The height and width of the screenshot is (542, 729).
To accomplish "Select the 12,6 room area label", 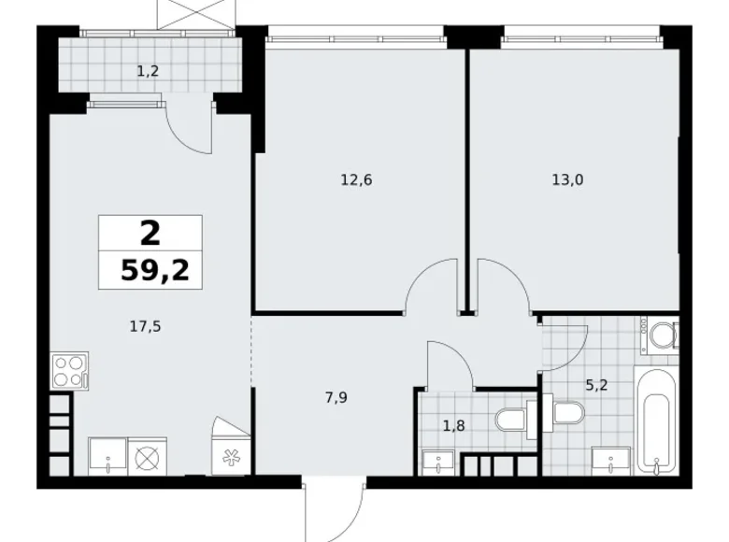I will click(x=356, y=180).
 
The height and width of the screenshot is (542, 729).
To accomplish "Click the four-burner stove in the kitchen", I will click(x=69, y=370).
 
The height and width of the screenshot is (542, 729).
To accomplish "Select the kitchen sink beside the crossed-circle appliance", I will click(x=108, y=458).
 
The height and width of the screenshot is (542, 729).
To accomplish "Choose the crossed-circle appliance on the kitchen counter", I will click(x=150, y=458).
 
